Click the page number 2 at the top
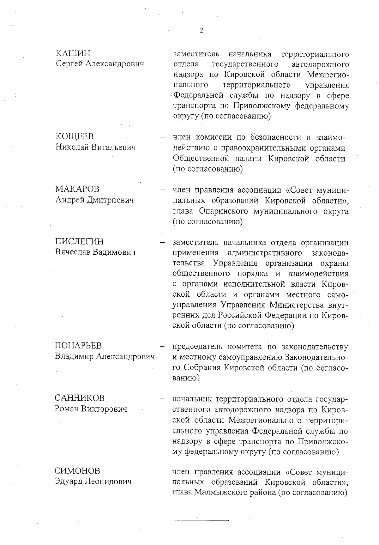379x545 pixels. [x=201, y=31]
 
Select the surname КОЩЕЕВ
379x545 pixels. [x=75, y=137]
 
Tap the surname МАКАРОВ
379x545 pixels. [x=77, y=189]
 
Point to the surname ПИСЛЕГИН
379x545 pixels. [x=79, y=242]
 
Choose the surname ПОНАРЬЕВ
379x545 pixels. [x=78, y=346]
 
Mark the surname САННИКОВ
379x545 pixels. [x=79, y=398]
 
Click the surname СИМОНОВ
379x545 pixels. [x=77, y=471]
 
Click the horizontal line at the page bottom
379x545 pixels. [x=200, y=520]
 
